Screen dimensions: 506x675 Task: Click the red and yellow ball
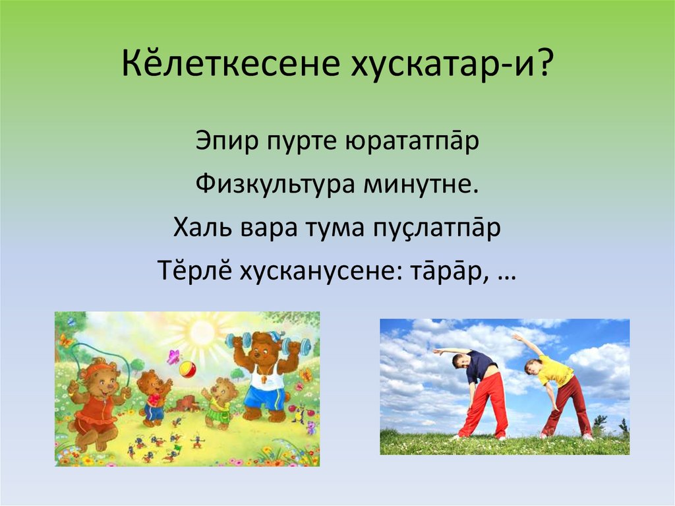pyautogui.click(x=188, y=369)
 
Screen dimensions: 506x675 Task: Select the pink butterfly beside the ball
pyautogui.click(x=173, y=357)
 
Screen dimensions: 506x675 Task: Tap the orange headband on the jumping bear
pyautogui.click(x=98, y=364)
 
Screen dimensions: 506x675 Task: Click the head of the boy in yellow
pyautogui.click(x=533, y=365)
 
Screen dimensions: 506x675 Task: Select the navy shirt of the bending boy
pyautogui.click(x=481, y=366)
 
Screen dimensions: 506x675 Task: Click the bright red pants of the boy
pyautogui.click(x=484, y=404)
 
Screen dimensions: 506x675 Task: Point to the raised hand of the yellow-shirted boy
pyautogui.click(x=516, y=336)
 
